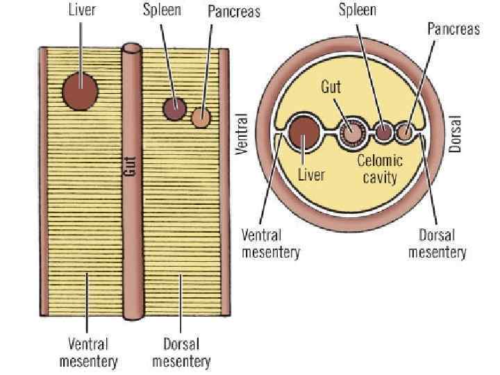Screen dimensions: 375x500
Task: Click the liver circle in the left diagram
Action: [x=80, y=91]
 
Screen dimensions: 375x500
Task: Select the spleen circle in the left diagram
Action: [x=174, y=108]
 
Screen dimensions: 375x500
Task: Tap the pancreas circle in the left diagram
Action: [x=201, y=117]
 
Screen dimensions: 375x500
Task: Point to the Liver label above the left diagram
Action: [x=82, y=10]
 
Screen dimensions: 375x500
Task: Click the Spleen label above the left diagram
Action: [x=162, y=10]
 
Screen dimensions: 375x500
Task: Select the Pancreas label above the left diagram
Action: [x=233, y=12]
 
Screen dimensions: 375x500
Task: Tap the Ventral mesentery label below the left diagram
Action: [x=88, y=352]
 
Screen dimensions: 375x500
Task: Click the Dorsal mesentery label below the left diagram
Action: [x=181, y=352]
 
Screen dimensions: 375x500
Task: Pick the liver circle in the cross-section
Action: [x=303, y=134]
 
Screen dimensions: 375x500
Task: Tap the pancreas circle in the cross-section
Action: [x=405, y=131]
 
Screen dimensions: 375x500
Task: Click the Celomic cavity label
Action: [x=380, y=169]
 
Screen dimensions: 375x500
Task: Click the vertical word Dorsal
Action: [x=456, y=133]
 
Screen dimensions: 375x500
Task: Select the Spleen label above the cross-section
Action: [x=358, y=10]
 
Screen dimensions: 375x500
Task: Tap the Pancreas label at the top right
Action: [x=453, y=30]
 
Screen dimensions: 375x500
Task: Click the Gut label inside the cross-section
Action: [x=331, y=88]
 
